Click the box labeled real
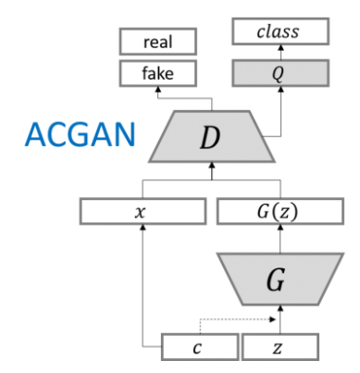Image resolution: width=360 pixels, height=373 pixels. click(x=158, y=42)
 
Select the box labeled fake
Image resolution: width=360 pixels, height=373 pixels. click(x=158, y=72)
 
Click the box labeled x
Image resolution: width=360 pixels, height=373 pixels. click(x=141, y=211)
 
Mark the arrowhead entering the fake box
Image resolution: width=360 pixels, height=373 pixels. click(x=158, y=88)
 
